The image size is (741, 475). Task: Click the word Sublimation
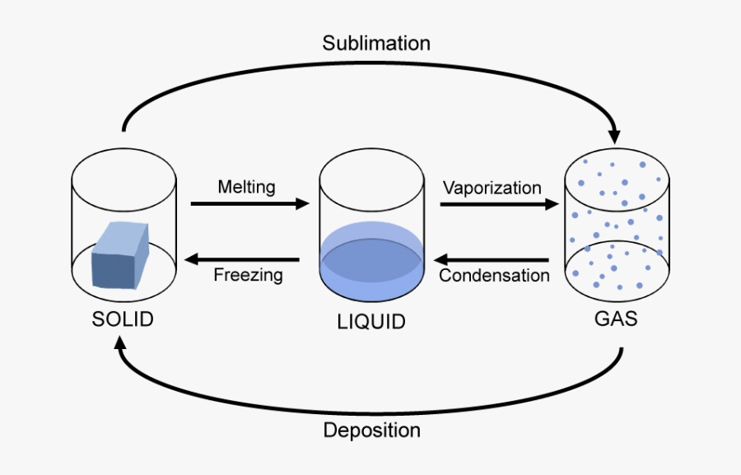coord(376,43)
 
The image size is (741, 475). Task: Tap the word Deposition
coord(371,430)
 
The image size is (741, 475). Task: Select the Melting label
coord(246,187)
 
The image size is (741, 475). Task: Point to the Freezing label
coord(248,275)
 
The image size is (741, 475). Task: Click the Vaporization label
coord(492,187)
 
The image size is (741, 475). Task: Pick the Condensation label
coord(494,275)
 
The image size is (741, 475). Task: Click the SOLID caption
coord(123,319)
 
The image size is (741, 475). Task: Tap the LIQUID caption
coord(371,321)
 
